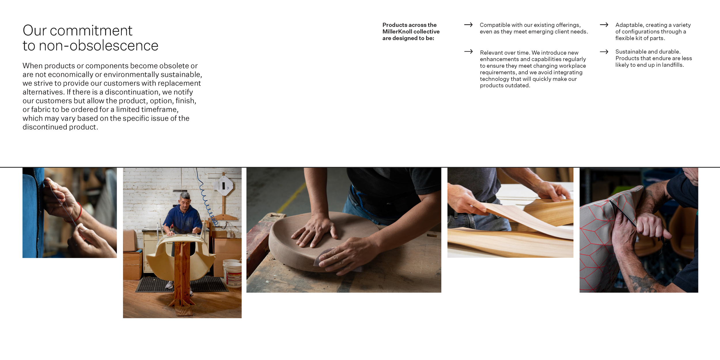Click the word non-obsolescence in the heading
[x=98, y=46]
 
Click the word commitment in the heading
[x=91, y=31]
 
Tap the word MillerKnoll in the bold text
[x=396, y=32]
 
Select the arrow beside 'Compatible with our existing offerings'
[x=468, y=25]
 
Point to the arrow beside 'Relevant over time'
[x=468, y=52]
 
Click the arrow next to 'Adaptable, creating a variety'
[x=604, y=25]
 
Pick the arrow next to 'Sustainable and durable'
[x=604, y=52]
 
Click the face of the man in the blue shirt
[x=185, y=203]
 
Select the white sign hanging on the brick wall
[x=224, y=186]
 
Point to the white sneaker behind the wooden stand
[x=169, y=285]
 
